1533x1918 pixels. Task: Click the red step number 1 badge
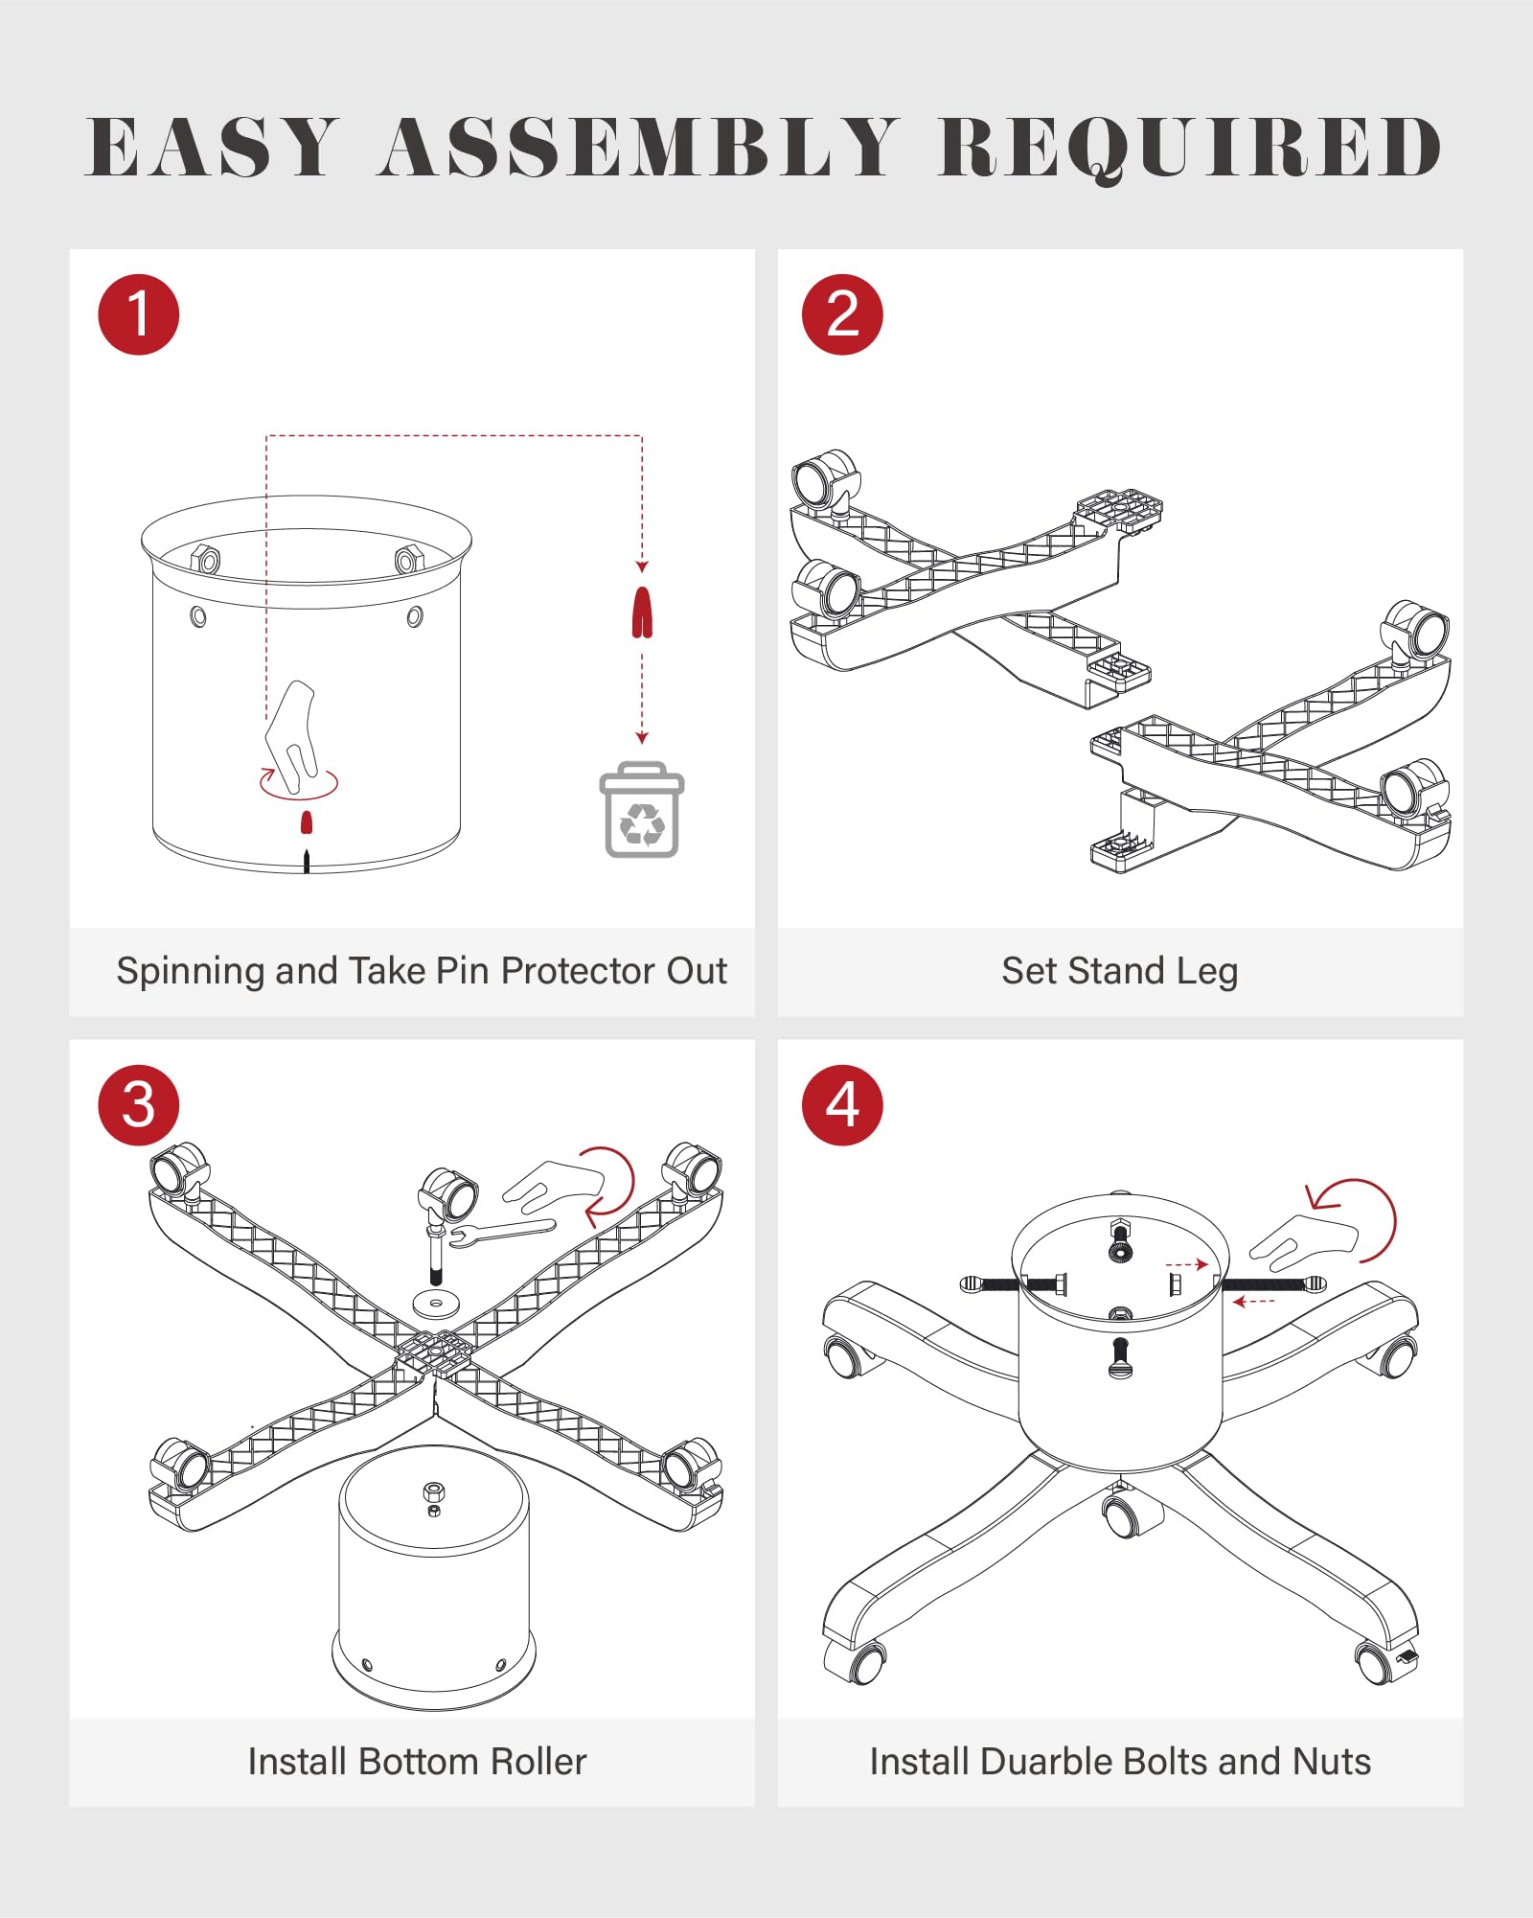coord(139,314)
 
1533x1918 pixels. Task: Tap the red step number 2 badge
coord(842,314)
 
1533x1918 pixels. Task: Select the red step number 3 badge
coord(139,1105)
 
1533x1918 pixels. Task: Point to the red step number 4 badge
coord(842,1105)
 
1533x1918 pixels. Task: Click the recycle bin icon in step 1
coord(642,811)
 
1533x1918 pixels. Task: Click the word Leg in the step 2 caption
coord(1206,972)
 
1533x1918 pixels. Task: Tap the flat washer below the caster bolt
coord(436,1304)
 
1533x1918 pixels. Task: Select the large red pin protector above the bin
coord(642,612)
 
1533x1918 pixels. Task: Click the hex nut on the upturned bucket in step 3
coord(433,1491)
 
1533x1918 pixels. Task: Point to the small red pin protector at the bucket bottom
coord(307,822)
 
